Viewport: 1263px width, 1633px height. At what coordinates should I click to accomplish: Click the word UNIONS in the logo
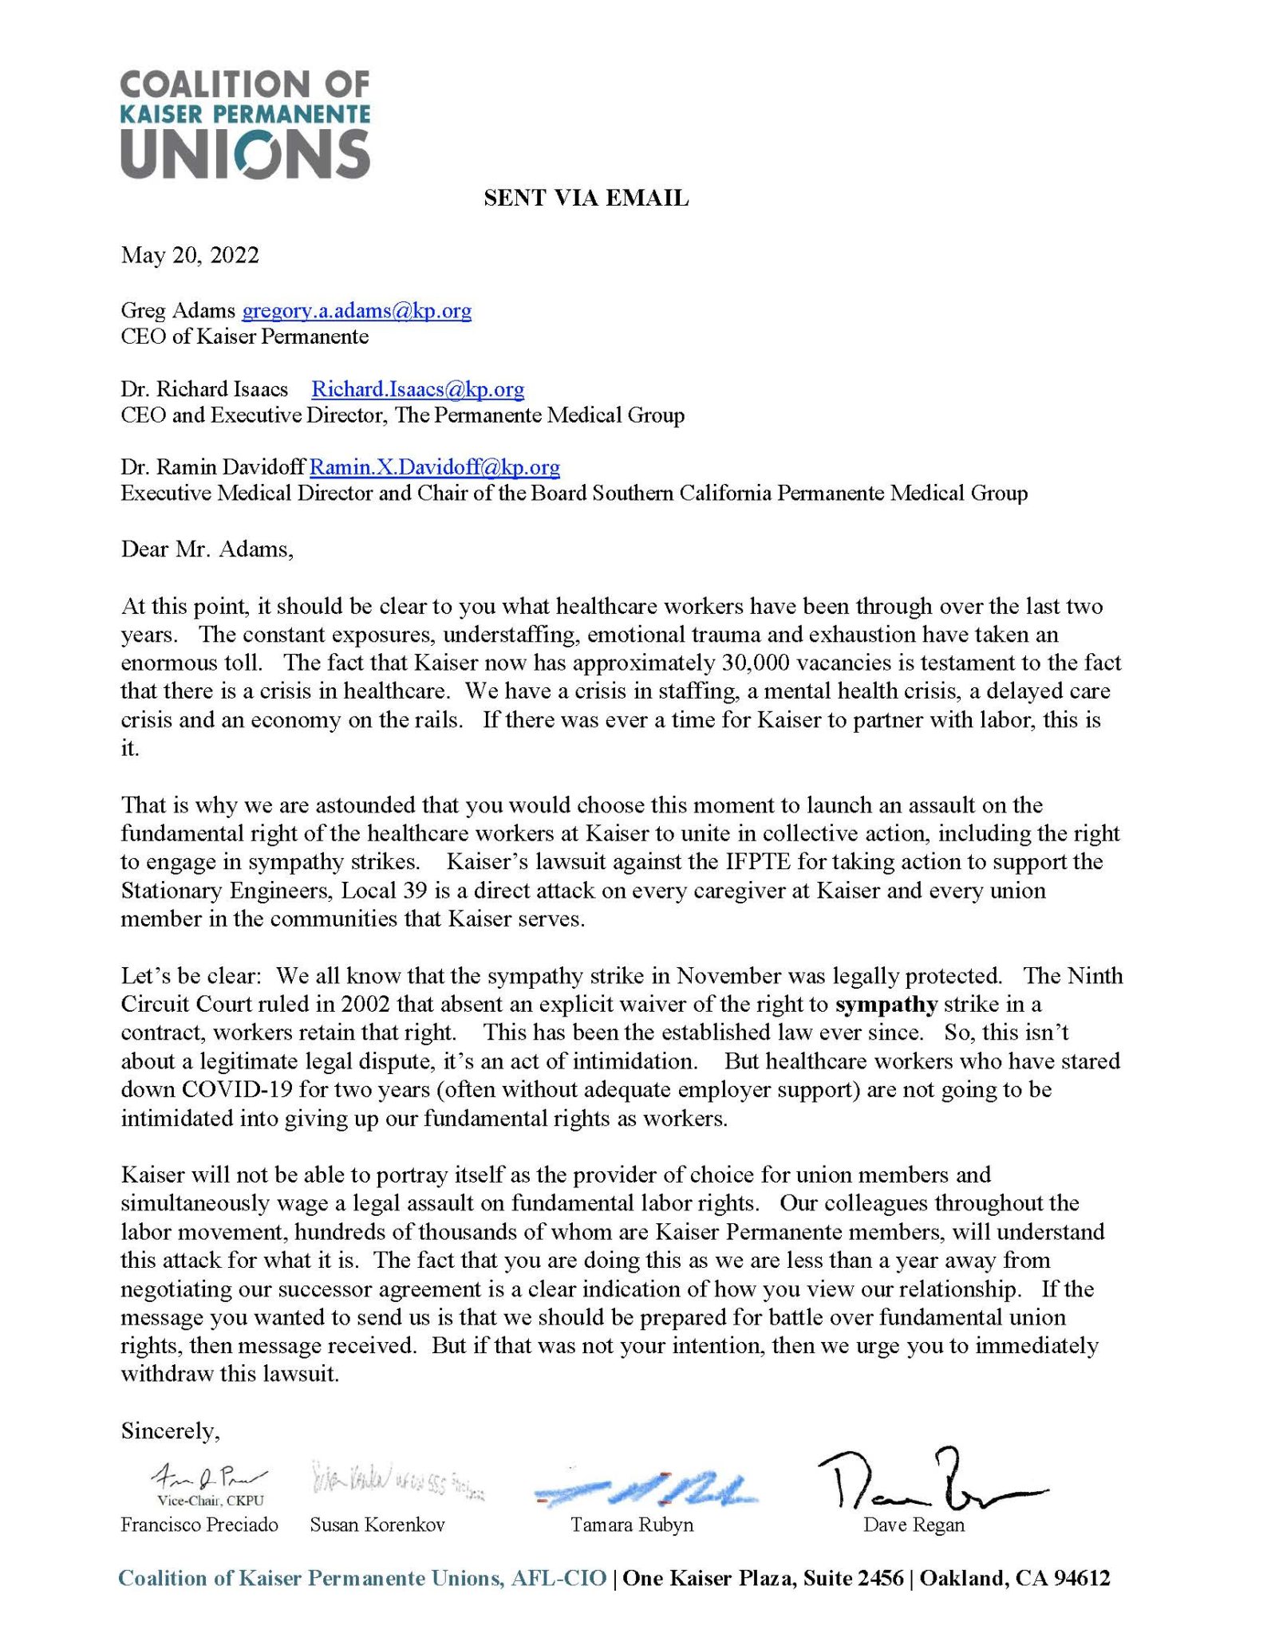[245, 151]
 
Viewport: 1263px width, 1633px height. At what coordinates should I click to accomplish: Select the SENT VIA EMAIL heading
[586, 198]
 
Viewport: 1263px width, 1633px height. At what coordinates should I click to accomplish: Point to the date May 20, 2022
[190, 255]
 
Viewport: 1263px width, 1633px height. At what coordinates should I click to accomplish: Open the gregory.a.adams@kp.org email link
[356, 310]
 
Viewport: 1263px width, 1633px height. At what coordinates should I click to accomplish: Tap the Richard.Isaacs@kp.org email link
[417, 389]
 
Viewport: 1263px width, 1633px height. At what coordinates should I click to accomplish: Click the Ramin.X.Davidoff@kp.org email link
[434, 466]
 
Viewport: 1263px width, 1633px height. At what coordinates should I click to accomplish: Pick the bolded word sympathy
[890, 1004]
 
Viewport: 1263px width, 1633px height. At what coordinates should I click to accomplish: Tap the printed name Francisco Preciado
[199, 1525]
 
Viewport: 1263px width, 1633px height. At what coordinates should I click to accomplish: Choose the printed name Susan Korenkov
[377, 1525]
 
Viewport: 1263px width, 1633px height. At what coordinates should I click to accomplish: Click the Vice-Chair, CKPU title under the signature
[211, 1501]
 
